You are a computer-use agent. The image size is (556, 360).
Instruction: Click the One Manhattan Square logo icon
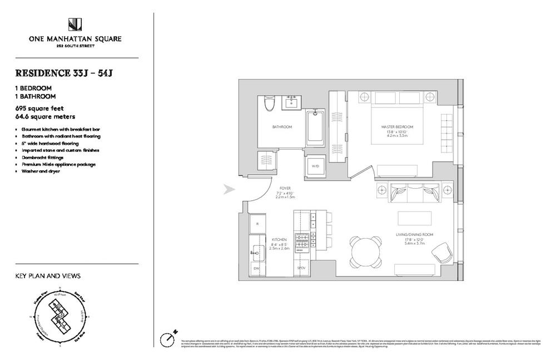pos(75,24)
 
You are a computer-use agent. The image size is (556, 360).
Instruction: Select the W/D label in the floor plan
pos(315,166)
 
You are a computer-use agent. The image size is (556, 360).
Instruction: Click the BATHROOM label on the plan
pos(282,127)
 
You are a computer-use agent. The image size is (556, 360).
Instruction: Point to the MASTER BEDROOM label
pos(396,127)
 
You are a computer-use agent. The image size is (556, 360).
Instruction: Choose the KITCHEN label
pos(279,239)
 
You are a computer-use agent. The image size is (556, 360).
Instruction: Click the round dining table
pos(366,251)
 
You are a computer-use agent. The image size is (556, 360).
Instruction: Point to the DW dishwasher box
pos(257,269)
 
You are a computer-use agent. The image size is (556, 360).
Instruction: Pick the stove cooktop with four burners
pos(301,241)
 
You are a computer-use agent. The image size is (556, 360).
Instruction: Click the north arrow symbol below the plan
pos(168,337)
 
